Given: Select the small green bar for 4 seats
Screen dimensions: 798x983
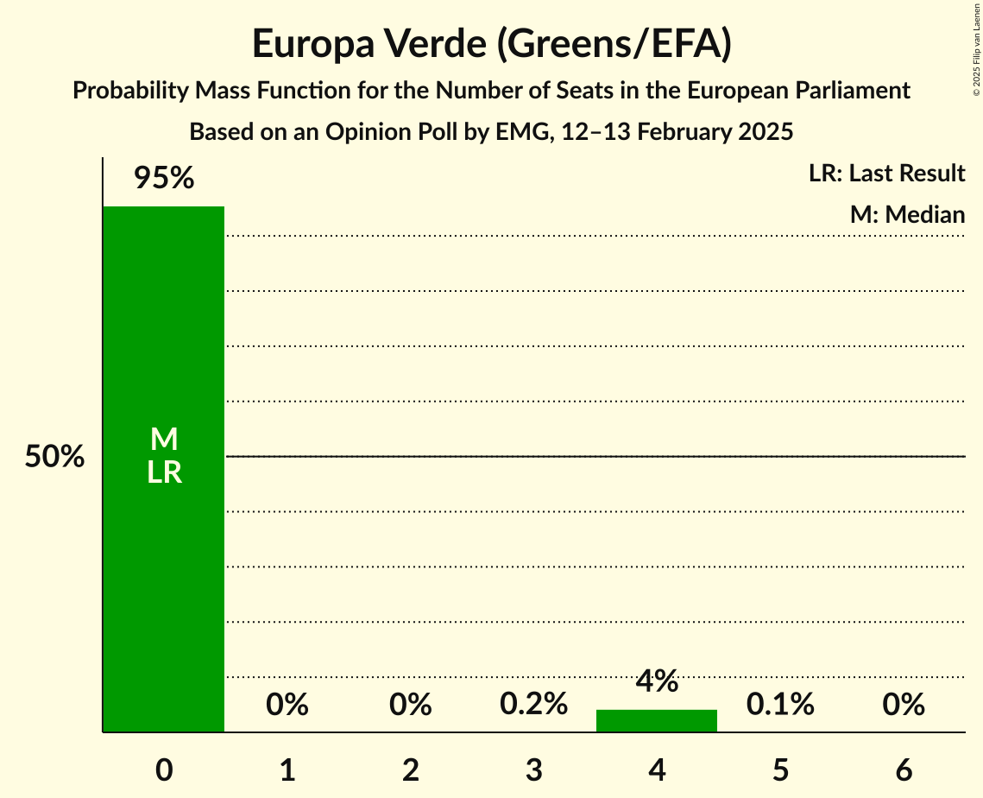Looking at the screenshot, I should pyautogui.click(x=657, y=720).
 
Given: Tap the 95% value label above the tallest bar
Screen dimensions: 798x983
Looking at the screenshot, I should pyautogui.click(x=164, y=179).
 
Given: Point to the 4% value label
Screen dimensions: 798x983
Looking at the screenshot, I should pyautogui.click(x=657, y=681).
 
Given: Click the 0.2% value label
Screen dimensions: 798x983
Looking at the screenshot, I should pyautogui.click(x=534, y=705).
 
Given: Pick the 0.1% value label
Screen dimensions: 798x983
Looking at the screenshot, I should pyautogui.click(x=780, y=705).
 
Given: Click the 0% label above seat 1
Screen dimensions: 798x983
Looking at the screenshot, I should pyautogui.click(x=287, y=705).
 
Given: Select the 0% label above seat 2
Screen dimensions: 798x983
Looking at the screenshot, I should pyautogui.click(x=411, y=705).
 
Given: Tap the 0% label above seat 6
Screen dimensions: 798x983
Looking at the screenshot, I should pyautogui.click(x=904, y=705).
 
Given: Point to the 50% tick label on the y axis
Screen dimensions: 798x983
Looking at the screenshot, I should pyautogui.click(x=54, y=457).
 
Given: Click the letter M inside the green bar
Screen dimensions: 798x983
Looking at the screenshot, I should pyautogui.click(x=164, y=440).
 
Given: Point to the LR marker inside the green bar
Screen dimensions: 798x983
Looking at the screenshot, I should pyautogui.click(x=164, y=472).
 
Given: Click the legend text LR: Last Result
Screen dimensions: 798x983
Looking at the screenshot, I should pyautogui.click(x=886, y=174).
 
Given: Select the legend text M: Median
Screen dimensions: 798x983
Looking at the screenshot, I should pyautogui.click(x=907, y=213).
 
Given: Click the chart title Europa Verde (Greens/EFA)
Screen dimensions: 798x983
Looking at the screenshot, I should pyautogui.click(x=492, y=44).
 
